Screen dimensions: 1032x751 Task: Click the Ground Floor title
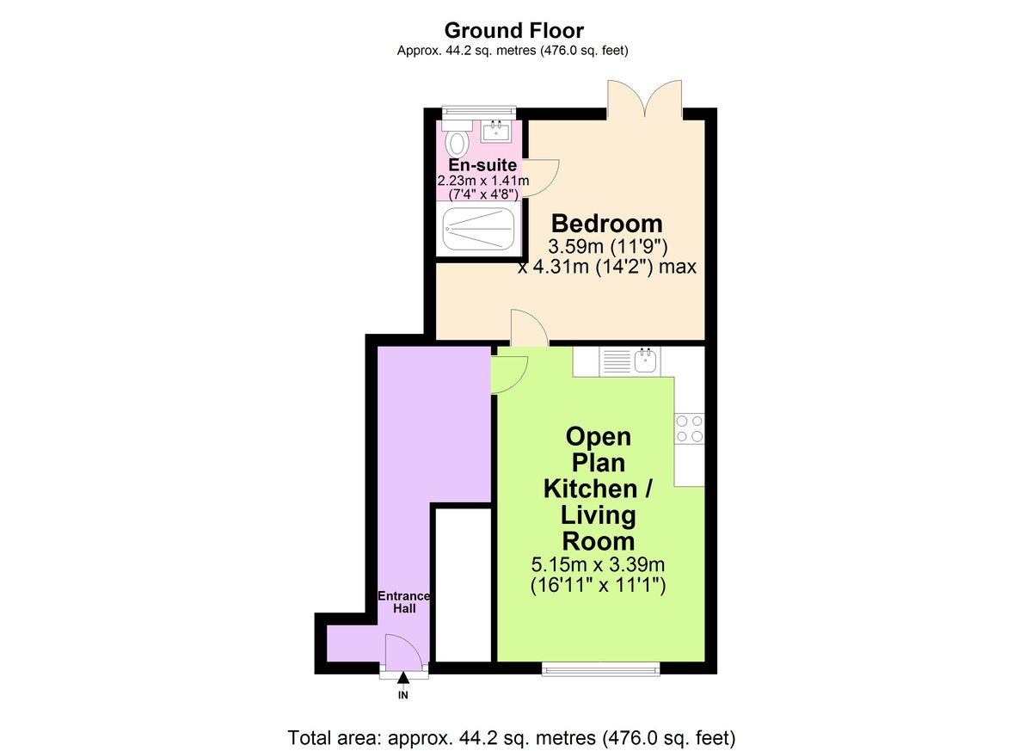[x=513, y=31]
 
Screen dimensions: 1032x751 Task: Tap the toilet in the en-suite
[x=457, y=138]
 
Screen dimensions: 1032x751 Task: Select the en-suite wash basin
[x=495, y=131]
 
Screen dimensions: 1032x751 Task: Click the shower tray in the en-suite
[x=479, y=228]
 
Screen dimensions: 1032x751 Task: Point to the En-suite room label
[x=482, y=164]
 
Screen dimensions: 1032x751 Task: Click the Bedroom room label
[x=607, y=224]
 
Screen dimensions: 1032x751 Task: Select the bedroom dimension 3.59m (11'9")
[x=608, y=247]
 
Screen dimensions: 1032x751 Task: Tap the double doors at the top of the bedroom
[x=644, y=100]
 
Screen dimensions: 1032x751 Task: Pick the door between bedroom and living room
[x=530, y=327]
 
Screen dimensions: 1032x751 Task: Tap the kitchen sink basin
[x=645, y=360]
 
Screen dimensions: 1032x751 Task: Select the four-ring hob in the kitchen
[x=689, y=428]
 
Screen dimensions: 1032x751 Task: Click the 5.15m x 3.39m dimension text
[x=598, y=564]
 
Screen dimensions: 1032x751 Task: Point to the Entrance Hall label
[x=404, y=601]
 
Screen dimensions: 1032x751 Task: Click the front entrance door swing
[x=403, y=653]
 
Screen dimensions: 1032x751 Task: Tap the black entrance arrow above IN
[x=403, y=677]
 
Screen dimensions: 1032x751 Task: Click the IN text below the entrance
[x=403, y=695]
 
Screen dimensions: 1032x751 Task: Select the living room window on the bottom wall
[x=601, y=668]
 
